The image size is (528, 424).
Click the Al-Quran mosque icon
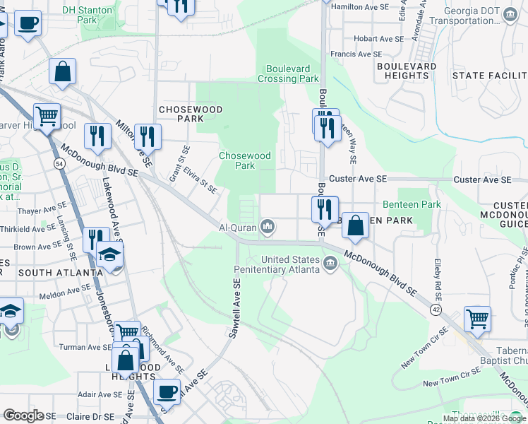tap(268, 228)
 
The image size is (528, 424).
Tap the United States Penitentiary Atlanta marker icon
tap(330, 264)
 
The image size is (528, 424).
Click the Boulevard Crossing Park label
tap(288, 73)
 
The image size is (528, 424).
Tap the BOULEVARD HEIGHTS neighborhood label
tap(407, 71)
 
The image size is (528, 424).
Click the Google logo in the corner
tap(24, 416)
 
